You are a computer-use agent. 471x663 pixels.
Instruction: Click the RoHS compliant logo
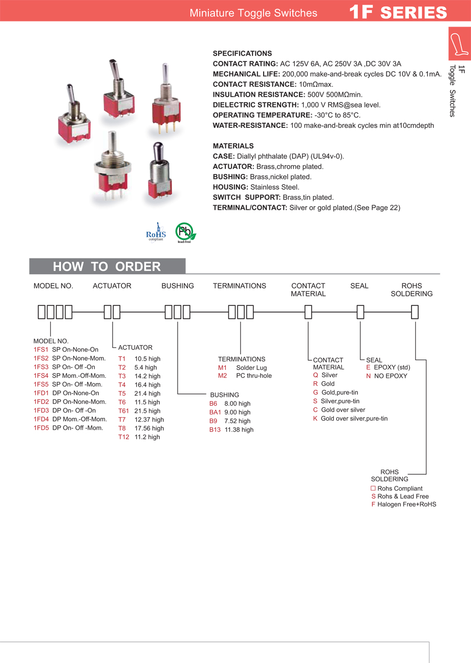(x=156, y=233)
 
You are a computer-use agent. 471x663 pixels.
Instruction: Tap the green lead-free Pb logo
(x=185, y=232)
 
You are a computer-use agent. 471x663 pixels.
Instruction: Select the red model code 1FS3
(x=41, y=367)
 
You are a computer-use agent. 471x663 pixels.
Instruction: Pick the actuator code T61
(x=123, y=411)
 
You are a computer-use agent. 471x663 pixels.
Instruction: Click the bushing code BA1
(x=215, y=412)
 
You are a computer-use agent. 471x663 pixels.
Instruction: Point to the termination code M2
(x=222, y=376)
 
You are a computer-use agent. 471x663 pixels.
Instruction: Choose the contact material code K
(x=315, y=418)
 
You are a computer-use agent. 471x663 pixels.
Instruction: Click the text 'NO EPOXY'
(x=390, y=376)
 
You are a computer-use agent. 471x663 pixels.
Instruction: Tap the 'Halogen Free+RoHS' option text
(x=406, y=504)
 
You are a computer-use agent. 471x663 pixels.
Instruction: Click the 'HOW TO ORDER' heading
(x=107, y=267)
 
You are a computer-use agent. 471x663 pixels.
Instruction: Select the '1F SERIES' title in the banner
(x=398, y=12)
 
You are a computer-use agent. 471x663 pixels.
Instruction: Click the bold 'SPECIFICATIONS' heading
(x=242, y=53)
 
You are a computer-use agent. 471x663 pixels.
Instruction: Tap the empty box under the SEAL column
(x=360, y=312)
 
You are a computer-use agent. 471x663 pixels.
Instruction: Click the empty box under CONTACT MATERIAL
(x=308, y=312)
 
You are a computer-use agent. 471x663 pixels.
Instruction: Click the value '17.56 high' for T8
(x=149, y=428)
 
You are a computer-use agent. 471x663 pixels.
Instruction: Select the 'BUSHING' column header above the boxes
(x=178, y=286)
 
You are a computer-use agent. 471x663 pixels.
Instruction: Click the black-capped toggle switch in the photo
(x=158, y=171)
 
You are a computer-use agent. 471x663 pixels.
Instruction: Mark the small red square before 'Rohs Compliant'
(x=373, y=488)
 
